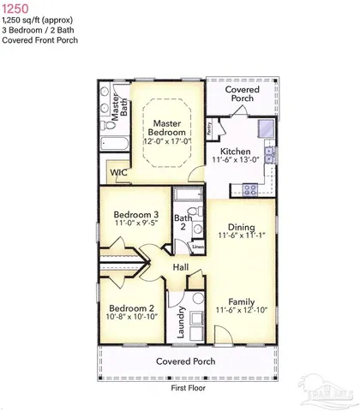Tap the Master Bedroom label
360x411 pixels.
pos(165,128)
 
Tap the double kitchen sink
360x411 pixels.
pos(269,154)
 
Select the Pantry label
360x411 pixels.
pos(211,128)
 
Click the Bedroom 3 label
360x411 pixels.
pos(136,215)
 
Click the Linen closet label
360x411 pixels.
pos(197,247)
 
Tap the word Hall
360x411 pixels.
pos(180,268)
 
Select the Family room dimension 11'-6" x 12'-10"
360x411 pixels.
pos(243,309)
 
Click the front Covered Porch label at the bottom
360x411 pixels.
pos(184,361)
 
